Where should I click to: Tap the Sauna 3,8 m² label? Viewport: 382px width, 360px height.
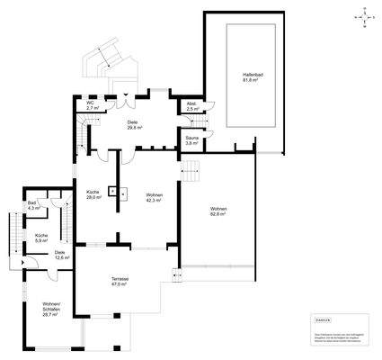coord(191,140)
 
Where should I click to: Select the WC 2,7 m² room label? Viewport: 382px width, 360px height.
coord(91,105)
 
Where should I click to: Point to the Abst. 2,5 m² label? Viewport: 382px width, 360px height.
coord(191,105)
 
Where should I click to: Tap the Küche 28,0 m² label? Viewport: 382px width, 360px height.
coord(92,196)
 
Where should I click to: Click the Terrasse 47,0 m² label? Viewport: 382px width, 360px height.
coord(120,281)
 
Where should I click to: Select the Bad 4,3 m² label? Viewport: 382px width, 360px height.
coord(33,206)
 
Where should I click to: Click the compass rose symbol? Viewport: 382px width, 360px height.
coord(363,16)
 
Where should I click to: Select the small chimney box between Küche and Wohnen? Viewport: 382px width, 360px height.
coord(112,190)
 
